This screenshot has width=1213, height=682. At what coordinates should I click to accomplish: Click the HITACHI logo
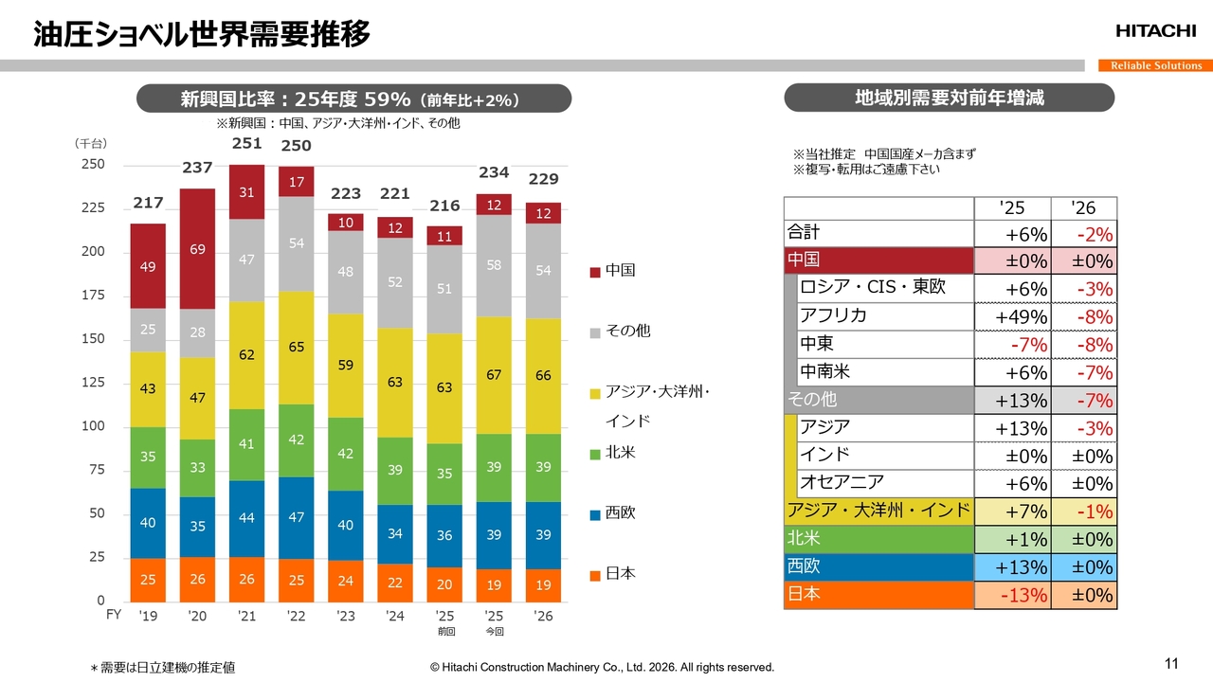(1155, 31)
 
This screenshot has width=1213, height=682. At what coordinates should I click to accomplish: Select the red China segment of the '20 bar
(197, 249)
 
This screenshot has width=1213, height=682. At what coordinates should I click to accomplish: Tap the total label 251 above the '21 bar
(246, 143)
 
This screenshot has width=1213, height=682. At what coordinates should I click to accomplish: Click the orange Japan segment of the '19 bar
(148, 580)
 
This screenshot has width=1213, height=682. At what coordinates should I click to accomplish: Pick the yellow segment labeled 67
(493, 375)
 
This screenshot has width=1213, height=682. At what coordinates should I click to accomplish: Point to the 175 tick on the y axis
(92, 296)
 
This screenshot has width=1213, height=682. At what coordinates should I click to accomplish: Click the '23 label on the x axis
(345, 616)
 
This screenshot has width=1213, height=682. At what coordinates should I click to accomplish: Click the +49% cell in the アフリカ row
(1013, 317)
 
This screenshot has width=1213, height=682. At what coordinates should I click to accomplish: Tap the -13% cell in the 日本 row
(1013, 595)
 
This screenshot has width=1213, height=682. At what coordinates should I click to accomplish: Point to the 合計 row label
(804, 233)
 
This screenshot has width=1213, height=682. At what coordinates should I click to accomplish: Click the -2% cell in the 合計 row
(1084, 234)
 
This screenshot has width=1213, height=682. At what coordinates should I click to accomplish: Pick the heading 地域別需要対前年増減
(949, 98)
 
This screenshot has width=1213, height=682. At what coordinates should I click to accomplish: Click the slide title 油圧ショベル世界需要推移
(201, 35)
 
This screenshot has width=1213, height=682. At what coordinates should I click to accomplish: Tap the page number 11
(1170, 662)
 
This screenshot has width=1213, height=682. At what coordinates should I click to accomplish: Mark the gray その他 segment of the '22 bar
(296, 243)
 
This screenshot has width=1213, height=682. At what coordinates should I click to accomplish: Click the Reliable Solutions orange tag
(1155, 65)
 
